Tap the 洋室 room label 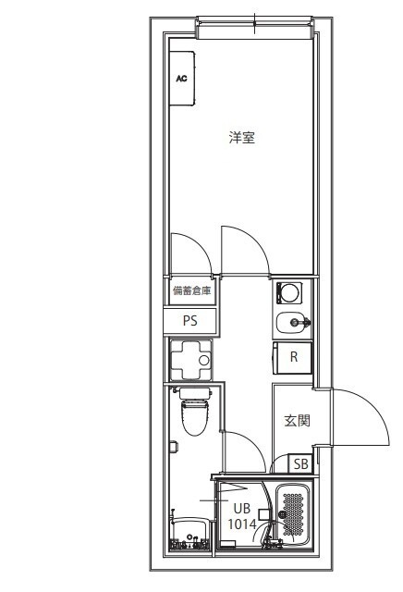click(x=242, y=139)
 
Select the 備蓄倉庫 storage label click(x=191, y=291)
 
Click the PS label click(x=190, y=321)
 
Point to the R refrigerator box click(x=293, y=357)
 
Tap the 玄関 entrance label click(x=296, y=420)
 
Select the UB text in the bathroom click(x=241, y=508)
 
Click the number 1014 click(x=241, y=524)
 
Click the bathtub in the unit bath click(x=293, y=515)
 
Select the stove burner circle click(x=289, y=293)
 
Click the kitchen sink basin click(x=288, y=323)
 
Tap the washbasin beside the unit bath click(x=189, y=536)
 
